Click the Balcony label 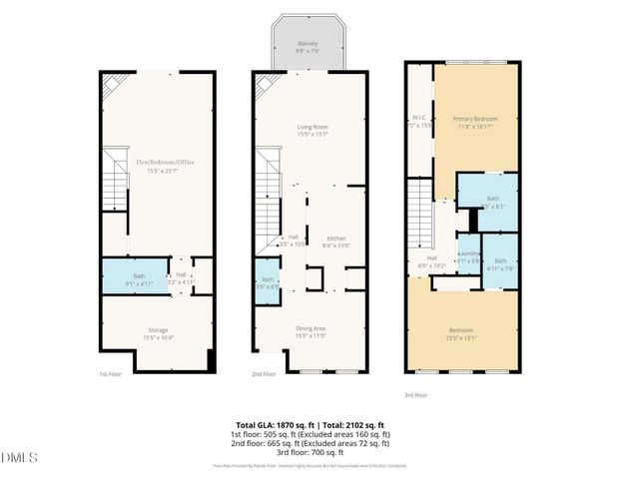tap(307, 45)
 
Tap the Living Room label tap(311, 128)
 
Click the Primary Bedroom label tap(476, 120)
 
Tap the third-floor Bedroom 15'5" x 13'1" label tap(460, 332)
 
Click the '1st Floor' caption tap(109, 375)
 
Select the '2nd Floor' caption tap(263, 375)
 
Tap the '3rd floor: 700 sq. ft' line tap(310, 453)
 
